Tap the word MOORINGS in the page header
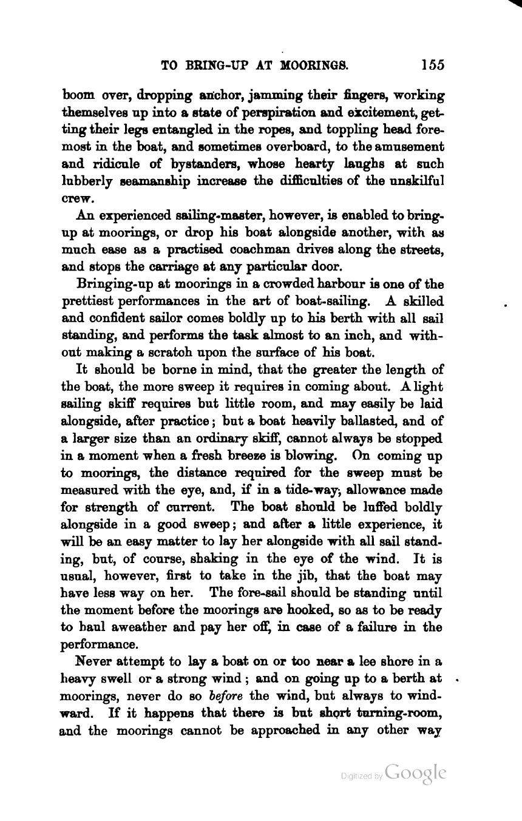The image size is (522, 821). pyautogui.click(x=313, y=65)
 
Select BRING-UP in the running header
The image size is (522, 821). pyautogui.click(x=215, y=65)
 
